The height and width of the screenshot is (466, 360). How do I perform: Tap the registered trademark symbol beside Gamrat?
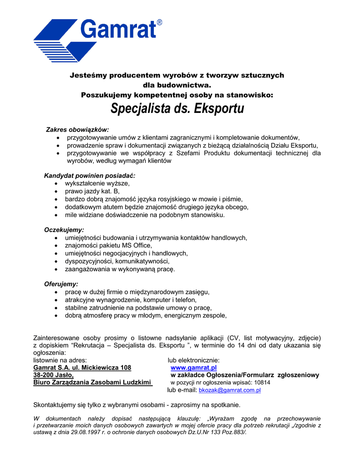coord(159,22)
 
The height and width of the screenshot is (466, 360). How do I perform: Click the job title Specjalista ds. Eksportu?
coord(177,109)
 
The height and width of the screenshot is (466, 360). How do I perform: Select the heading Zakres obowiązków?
coord(77,129)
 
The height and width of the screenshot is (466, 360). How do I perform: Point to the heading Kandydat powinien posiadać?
coord(90,175)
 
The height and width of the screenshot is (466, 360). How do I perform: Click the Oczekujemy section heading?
coord(64,230)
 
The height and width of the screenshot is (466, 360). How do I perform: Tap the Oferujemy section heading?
coord(61,284)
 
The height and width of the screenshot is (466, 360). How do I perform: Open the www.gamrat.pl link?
coord(193,367)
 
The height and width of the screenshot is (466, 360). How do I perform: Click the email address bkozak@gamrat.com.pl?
coord(229,390)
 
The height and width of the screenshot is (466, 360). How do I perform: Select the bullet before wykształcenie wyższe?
coord(56,183)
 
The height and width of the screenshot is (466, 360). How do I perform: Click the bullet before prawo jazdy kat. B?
coord(56,191)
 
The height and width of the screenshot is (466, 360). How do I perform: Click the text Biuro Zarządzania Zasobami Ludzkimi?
coord(92,382)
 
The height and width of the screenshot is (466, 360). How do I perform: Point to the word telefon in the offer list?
coord(185,299)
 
